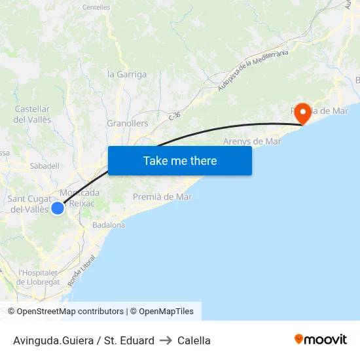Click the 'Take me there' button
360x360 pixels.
(180, 160)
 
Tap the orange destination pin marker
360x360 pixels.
(302, 114)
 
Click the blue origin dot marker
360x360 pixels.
(58, 208)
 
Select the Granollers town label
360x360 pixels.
(127, 123)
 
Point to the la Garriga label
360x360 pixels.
(127, 74)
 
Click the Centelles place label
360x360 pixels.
(96, 7)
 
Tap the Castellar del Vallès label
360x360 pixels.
(32, 114)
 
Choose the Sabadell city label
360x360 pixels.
(45, 166)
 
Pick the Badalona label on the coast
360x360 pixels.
(109, 225)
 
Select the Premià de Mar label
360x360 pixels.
(162, 196)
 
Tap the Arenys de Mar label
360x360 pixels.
(252, 141)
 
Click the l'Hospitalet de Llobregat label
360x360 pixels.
(39, 277)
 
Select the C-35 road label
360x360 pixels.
(175, 115)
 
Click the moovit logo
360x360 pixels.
(321, 340)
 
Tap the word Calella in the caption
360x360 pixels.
(194, 340)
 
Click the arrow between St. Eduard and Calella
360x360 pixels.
(166, 340)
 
